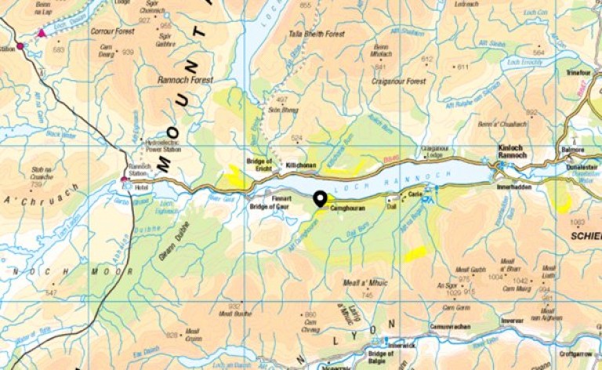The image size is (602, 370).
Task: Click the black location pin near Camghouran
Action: click(321, 199)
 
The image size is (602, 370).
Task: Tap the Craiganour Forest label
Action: click(399, 81)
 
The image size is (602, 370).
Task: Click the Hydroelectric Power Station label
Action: click(164, 146)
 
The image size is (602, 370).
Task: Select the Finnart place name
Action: click(281, 198)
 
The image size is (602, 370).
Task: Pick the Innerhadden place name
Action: click(513, 189)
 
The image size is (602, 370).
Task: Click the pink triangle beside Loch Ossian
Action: click(42, 34)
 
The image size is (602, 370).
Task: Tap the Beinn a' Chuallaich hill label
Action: click(514, 123)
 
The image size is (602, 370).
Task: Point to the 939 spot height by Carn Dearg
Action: click(128, 52)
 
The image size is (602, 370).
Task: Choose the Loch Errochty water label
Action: click(524, 61)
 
